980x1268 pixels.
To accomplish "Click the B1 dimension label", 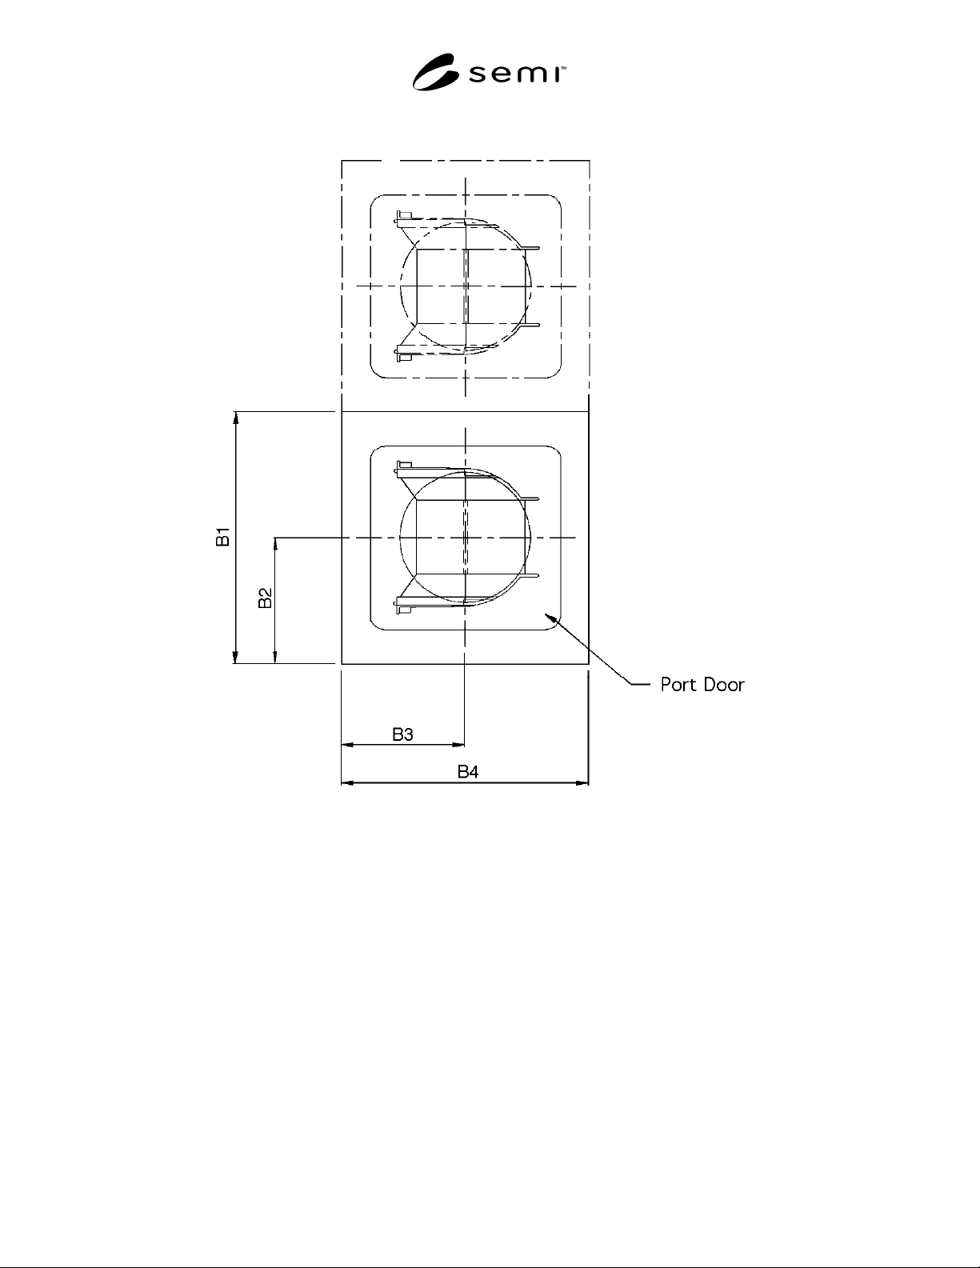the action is [223, 537].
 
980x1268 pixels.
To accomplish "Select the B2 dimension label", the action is [266, 598].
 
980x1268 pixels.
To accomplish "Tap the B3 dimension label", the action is [402, 734].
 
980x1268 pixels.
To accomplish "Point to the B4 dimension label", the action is [468, 772].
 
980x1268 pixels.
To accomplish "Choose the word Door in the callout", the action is [724, 685].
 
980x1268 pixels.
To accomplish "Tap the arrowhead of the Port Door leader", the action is [548, 616].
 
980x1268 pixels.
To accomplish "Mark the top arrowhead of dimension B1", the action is [236, 417].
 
